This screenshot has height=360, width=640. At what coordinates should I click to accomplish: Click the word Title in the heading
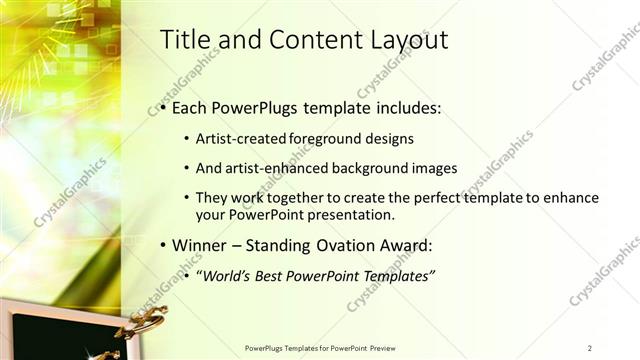[186, 40]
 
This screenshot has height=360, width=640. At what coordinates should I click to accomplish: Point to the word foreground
[338, 138]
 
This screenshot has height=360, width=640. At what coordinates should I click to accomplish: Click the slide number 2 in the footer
[590, 348]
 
